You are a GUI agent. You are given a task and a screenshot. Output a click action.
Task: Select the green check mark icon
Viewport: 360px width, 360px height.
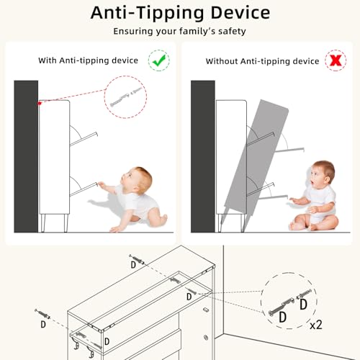(x=159, y=60)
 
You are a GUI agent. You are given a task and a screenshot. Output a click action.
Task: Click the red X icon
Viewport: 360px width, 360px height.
(x=336, y=60)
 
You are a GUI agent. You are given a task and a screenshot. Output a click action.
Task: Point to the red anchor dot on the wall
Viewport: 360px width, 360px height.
(x=40, y=104)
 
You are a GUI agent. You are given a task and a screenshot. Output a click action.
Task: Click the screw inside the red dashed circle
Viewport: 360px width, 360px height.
(x=126, y=96)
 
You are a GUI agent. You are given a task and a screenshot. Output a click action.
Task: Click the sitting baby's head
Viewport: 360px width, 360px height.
(x=322, y=174)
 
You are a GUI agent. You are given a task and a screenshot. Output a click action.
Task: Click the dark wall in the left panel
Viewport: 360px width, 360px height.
(x=26, y=156)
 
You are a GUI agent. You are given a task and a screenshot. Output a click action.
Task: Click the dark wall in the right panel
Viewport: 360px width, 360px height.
(x=203, y=156)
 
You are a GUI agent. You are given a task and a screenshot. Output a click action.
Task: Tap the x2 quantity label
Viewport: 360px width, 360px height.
(x=315, y=325)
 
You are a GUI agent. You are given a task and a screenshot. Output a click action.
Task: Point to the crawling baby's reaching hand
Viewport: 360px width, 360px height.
(x=102, y=184)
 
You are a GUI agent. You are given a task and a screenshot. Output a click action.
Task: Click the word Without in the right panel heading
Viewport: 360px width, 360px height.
(x=222, y=61)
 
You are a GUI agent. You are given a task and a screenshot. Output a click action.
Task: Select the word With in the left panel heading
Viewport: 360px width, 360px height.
(x=48, y=60)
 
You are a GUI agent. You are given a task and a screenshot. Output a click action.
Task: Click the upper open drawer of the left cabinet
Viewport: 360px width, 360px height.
(x=84, y=139)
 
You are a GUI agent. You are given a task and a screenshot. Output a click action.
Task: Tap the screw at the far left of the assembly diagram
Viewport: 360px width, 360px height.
(x=42, y=313)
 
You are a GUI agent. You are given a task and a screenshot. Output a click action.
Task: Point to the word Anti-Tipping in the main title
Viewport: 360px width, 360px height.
(x=148, y=12)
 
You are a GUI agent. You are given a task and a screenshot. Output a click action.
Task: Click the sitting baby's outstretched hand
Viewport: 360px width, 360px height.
(x=293, y=199)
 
